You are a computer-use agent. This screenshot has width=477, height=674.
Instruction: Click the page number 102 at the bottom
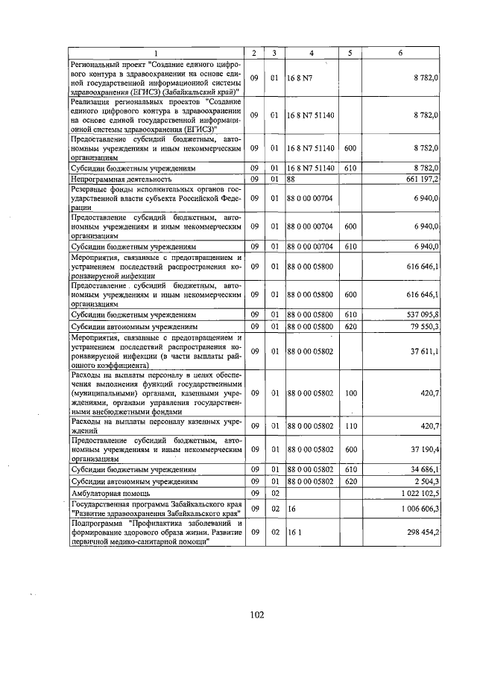coord(258,615)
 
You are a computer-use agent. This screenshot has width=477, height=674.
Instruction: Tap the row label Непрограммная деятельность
coord(121,179)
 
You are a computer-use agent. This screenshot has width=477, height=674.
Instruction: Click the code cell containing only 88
coord(292,179)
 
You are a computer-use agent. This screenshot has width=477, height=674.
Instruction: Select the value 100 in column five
coord(350,392)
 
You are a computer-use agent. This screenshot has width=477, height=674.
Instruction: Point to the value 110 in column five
coord(350,426)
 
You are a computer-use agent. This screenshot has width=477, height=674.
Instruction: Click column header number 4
coord(312,52)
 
